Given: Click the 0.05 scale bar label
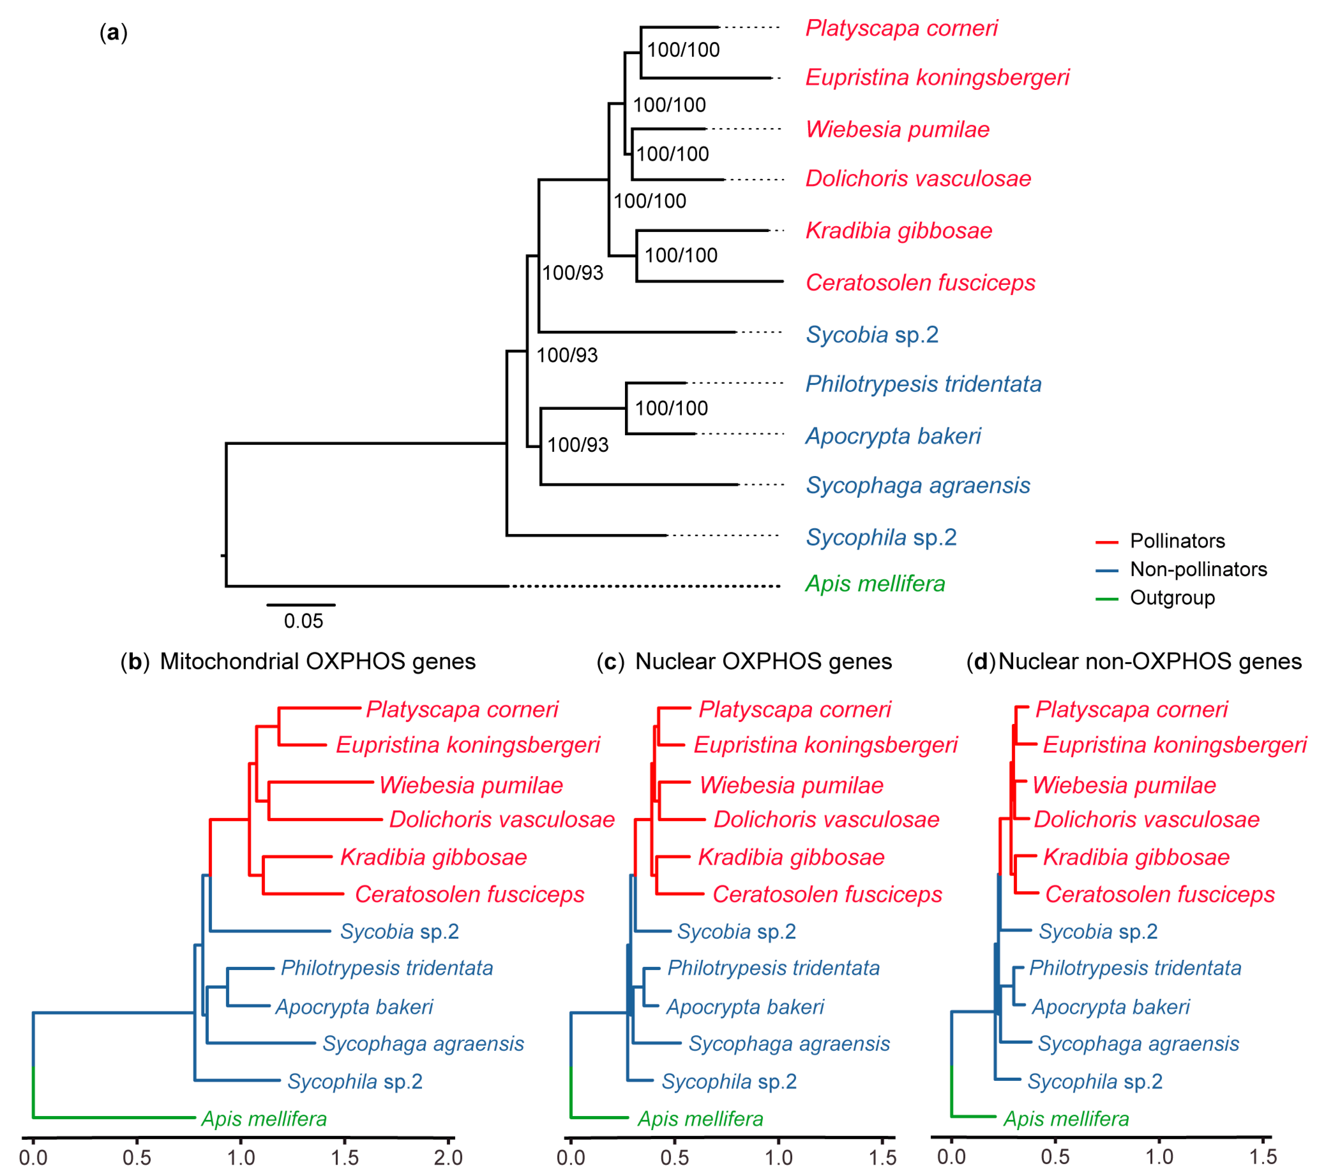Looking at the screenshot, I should point(303,621).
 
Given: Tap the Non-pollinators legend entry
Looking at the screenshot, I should point(1197,569).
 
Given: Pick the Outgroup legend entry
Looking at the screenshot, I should point(1172,598).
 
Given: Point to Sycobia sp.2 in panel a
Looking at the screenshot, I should point(871,334).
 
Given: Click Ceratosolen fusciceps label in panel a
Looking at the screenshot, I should point(920,283).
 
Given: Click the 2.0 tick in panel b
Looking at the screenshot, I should point(448,1157).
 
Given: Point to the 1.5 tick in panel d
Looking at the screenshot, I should point(1263,1157).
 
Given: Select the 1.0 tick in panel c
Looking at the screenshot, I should point(778,1157).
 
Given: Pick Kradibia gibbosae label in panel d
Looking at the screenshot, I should point(1136,857).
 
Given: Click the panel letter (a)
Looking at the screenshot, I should point(113,32).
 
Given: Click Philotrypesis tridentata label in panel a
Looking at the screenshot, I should point(923,384).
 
